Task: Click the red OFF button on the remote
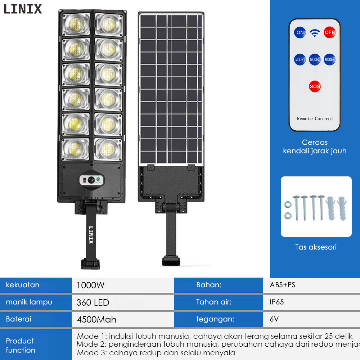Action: [x=329, y=32]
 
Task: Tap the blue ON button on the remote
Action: [x=300, y=32]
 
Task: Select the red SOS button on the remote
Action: [x=315, y=86]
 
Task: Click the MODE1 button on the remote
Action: [x=300, y=59]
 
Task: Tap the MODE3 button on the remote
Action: [x=329, y=59]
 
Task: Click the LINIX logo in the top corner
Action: [x=23, y=9]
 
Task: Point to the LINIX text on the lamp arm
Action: [x=91, y=235]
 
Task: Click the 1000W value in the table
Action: [x=90, y=285]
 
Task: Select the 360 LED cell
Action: [x=93, y=302]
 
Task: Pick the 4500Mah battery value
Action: [x=96, y=319]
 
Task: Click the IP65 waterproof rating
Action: [x=277, y=302]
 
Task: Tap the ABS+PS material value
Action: [x=283, y=285]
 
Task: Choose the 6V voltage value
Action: [x=274, y=319]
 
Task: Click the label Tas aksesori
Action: [x=316, y=247]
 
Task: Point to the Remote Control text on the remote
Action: [x=315, y=118]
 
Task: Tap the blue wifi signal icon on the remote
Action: [x=315, y=33]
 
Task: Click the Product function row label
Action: [x=21, y=345]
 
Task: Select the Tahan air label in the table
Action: [x=214, y=302]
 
